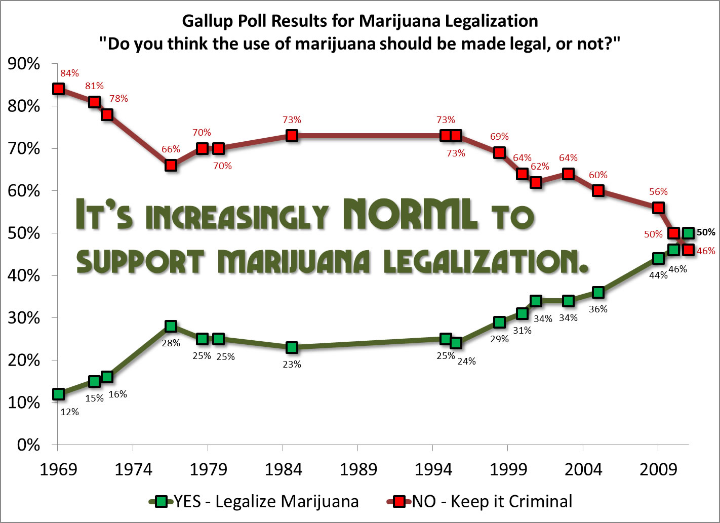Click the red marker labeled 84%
point(58,89)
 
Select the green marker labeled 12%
point(58,394)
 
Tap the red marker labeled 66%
point(171,166)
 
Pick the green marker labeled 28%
point(171,326)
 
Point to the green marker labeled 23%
point(292,347)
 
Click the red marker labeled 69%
point(499,152)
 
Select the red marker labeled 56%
point(658,208)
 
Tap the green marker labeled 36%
point(598,292)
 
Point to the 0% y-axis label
point(28,445)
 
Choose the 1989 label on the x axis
point(358,470)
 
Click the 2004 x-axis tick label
point(583,470)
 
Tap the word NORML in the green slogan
point(410,214)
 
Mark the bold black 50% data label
point(706,232)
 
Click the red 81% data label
point(94,86)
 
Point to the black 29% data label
point(499,339)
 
